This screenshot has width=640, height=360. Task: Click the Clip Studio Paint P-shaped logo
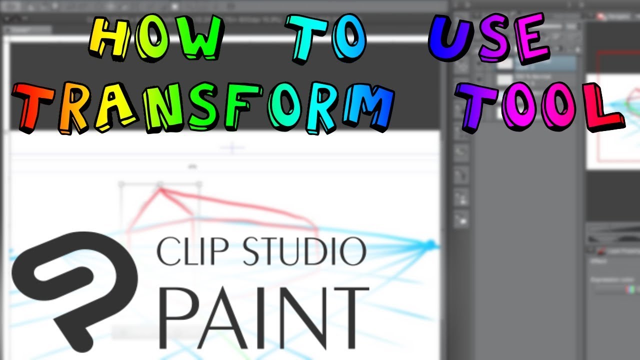click(70, 285)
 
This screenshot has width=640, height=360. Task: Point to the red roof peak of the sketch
click(160, 189)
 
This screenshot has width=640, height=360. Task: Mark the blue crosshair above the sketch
click(232, 147)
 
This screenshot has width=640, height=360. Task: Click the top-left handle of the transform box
click(120, 184)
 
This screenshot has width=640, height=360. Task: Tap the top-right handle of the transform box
click(199, 184)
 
